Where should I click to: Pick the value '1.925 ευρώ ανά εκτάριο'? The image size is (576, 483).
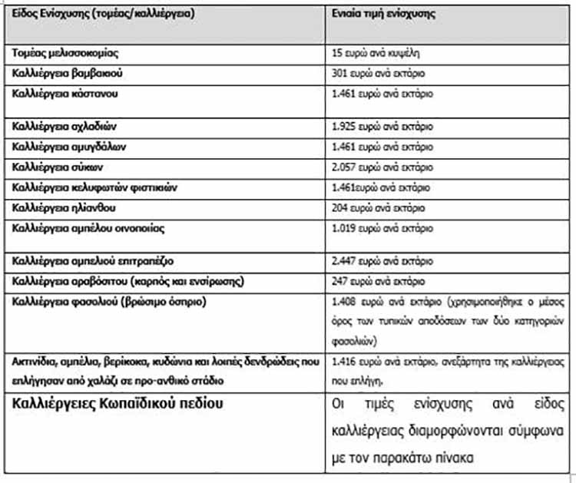(x=382, y=125)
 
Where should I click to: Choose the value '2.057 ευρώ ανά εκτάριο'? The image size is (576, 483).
(x=382, y=166)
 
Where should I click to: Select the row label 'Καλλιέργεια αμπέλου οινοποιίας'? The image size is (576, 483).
(x=88, y=228)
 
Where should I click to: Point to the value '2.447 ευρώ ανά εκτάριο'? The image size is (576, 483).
(x=382, y=260)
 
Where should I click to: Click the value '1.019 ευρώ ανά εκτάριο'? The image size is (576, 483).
(x=382, y=228)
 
